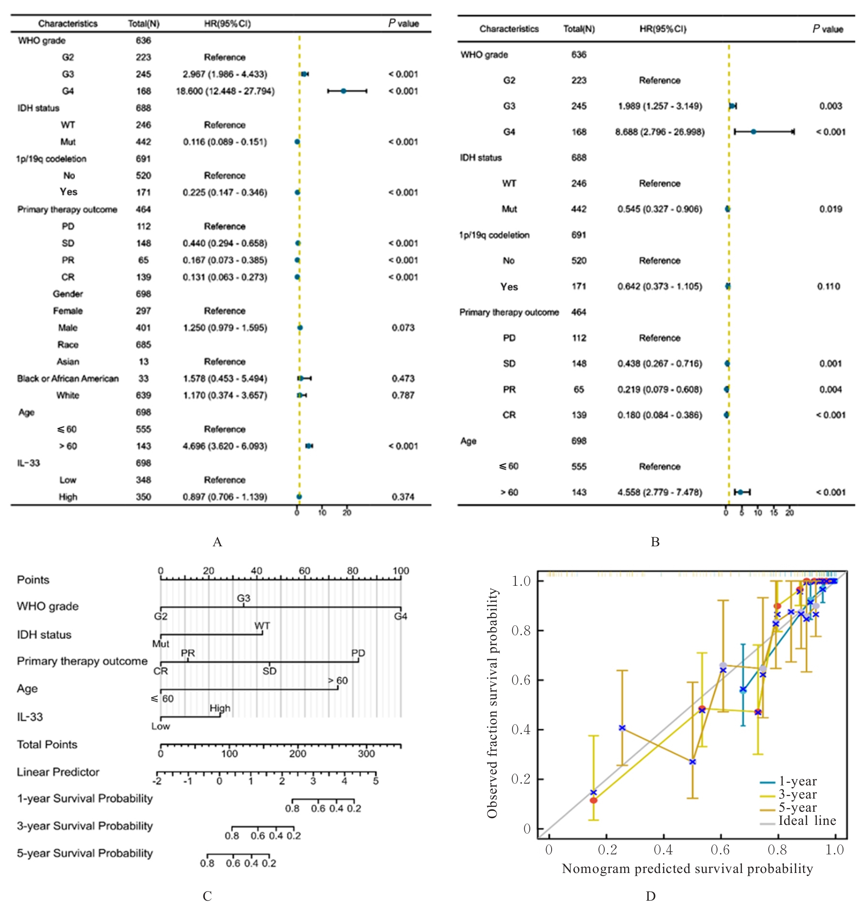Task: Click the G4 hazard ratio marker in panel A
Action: pos(343,91)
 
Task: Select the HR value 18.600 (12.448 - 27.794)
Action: pos(225,91)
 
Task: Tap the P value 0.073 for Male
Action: pos(403,328)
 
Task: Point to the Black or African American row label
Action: pos(68,378)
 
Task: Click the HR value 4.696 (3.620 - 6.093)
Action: pos(225,446)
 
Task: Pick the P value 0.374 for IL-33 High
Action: pos(403,497)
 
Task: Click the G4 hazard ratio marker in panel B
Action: pos(753,132)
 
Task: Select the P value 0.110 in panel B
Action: pos(828,286)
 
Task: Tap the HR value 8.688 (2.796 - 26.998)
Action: pos(659,132)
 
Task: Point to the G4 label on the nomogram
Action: pos(400,616)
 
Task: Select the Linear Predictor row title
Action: pos(58,772)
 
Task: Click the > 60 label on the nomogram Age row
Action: pos(337,680)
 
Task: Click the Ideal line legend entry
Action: pos(806,821)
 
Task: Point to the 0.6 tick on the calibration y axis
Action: pos(521,680)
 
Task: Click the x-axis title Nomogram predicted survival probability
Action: pos(687,868)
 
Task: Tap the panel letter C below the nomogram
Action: pos(207,896)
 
